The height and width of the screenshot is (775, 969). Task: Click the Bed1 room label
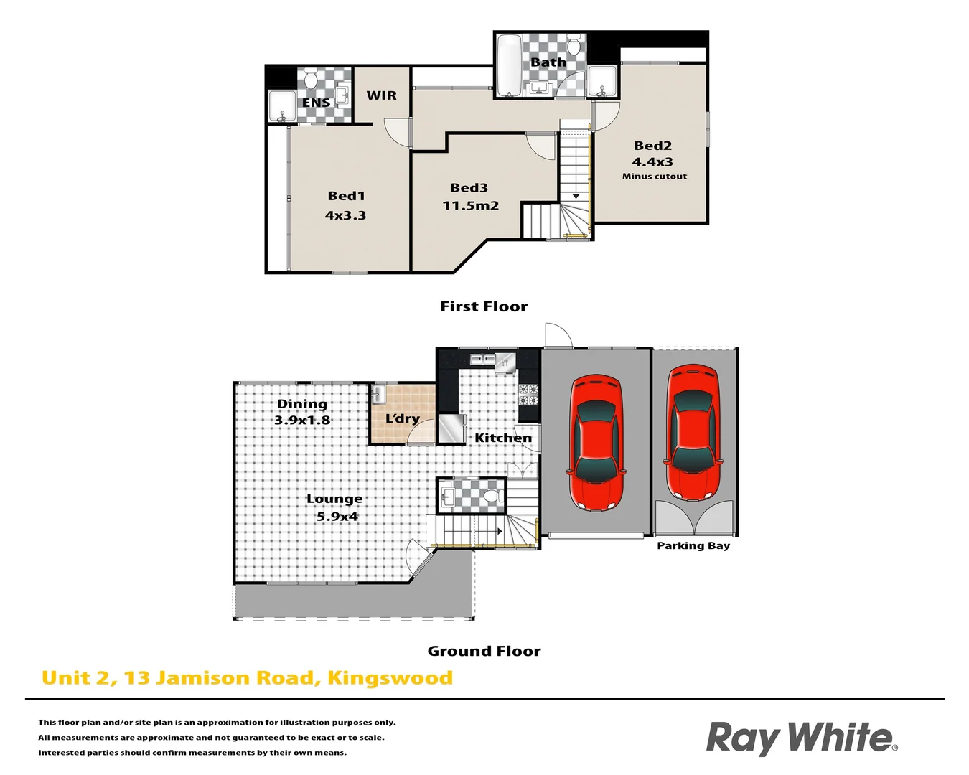coord(347,196)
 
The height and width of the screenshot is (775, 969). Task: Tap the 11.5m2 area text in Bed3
coord(470,206)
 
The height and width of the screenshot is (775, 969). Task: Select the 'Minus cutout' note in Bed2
coord(654,177)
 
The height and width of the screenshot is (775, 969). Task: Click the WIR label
coord(381,95)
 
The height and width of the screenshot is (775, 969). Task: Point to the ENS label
coord(316,103)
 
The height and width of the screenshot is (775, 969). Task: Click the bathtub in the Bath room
coord(509,65)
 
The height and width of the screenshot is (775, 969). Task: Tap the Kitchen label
coord(503,438)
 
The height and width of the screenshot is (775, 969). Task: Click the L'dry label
coord(402,418)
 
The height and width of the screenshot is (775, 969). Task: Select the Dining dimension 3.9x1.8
coord(302,421)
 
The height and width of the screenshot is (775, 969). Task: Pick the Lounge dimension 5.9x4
coord(337,517)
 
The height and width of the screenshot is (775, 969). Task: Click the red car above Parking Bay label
coord(693,433)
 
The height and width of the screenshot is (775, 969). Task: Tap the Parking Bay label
coord(693,546)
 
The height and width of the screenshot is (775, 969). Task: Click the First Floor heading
coord(484,306)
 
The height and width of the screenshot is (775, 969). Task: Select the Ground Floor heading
coord(484,651)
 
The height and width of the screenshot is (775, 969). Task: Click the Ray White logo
coord(801,738)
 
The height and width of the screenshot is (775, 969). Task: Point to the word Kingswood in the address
coord(390,678)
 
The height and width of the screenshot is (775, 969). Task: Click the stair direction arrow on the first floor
coord(576,194)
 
